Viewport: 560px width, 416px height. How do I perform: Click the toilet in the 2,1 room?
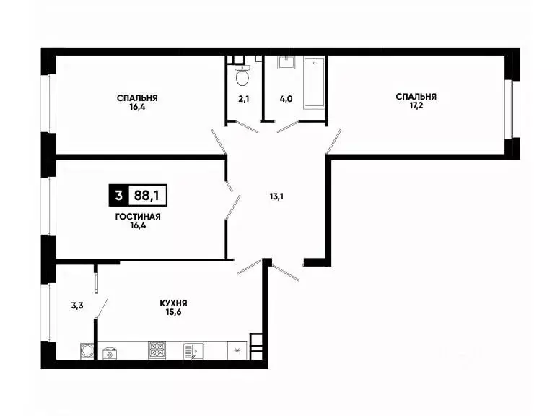[242, 74]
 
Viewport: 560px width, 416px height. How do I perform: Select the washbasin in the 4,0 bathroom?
[286, 63]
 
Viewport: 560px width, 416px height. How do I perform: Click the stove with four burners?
[157, 350]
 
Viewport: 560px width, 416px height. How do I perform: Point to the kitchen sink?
[193, 350]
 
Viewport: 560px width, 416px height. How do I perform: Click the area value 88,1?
[152, 194]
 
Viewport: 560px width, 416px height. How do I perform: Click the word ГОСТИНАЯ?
[137, 216]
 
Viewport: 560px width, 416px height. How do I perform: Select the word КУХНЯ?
[174, 303]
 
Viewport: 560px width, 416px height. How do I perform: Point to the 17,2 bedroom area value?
[416, 105]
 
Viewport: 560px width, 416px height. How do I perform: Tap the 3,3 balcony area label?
[77, 305]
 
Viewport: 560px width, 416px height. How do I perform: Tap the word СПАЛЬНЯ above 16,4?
[138, 97]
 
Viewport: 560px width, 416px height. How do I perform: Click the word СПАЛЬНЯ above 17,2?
[416, 96]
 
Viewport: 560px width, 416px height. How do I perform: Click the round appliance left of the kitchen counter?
[87, 351]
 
